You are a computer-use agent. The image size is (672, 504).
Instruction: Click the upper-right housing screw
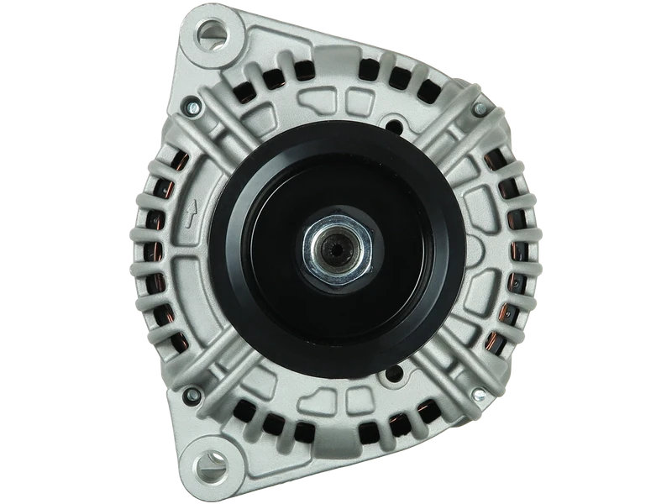(480, 111)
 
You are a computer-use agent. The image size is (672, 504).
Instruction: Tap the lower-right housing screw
(480, 394)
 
